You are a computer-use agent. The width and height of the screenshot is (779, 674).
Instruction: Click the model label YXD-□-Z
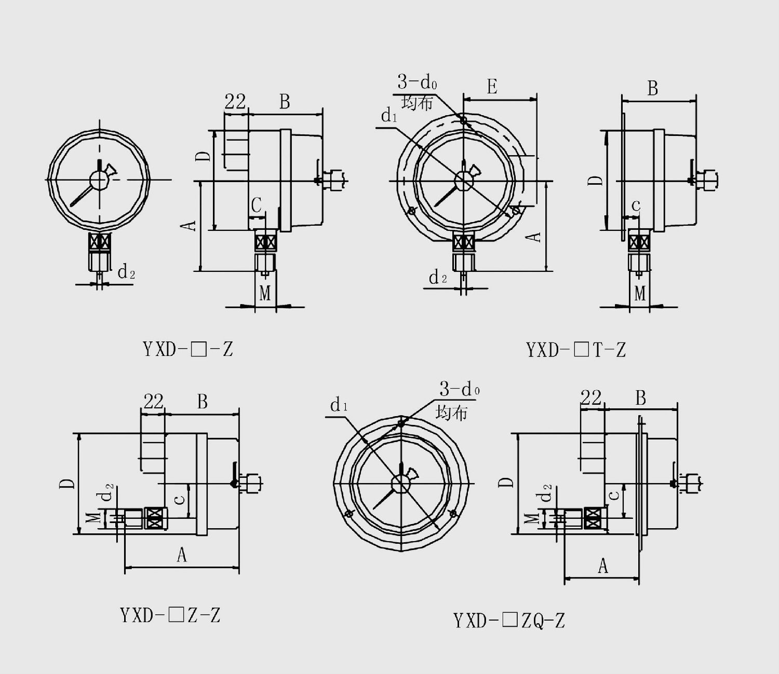click(188, 349)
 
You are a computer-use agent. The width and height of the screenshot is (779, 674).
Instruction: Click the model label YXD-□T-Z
click(576, 350)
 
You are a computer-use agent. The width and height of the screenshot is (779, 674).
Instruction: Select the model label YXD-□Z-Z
click(170, 615)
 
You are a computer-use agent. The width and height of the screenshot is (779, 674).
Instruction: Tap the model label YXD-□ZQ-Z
click(509, 620)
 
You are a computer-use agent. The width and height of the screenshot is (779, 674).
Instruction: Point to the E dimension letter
click(492, 86)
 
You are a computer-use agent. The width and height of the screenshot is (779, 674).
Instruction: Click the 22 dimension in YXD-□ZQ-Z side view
click(590, 397)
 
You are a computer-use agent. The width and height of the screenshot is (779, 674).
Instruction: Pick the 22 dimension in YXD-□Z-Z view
click(153, 402)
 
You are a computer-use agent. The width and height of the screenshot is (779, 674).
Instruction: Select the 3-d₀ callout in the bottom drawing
click(460, 389)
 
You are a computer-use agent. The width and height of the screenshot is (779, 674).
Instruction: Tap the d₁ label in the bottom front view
click(339, 405)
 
